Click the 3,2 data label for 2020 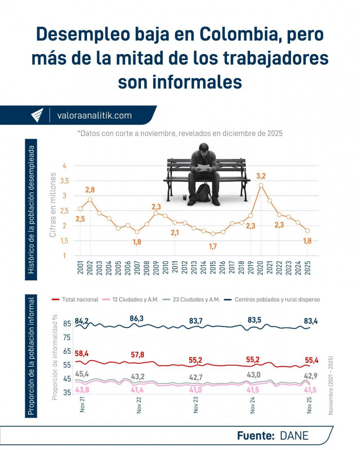(261, 176)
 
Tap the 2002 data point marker (90, 200)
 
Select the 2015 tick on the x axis (213, 268)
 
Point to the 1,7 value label (213, 247)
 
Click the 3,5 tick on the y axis (65, 181)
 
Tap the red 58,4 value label (82, 354)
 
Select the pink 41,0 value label (195, 390)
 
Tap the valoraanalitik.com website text (94, 116)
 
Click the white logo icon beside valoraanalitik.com (37, 116)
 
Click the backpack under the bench (203, 192)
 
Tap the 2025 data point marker (308, 230)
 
